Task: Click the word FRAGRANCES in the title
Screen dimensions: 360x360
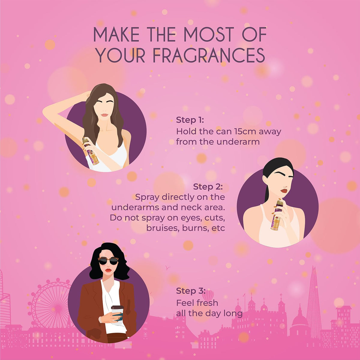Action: click(208, 55)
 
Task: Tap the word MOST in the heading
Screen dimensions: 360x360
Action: click(209, 34)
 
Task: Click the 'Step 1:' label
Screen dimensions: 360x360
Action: click(190, 120)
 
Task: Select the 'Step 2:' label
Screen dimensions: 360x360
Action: click(208, 187)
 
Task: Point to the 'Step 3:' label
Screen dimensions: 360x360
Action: click(190, 291)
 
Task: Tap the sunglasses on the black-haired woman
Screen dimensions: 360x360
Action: click(108, 261)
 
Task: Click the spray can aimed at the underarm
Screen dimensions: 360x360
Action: click(91, 151)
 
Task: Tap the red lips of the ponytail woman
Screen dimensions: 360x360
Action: click(284, 191)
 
